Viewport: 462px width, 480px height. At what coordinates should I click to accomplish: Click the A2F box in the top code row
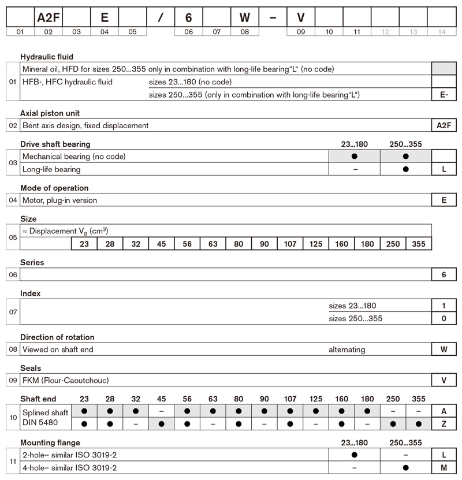pos(48,17)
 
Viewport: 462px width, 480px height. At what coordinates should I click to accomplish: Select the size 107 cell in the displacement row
pos(290,244)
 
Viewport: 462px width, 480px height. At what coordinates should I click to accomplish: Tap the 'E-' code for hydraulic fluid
pos(444,94)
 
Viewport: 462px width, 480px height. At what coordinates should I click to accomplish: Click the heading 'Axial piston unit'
pos(50,113)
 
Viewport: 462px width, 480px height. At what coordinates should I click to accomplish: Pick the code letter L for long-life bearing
pos(444,169)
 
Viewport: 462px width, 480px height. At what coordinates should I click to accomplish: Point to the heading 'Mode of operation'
pos(54,188)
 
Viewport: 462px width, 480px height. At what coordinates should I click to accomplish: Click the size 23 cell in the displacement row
pos(84,244)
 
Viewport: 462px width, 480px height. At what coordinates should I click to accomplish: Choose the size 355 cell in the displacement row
pos(419,244)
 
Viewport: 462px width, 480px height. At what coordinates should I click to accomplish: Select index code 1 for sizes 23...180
pos(444,306)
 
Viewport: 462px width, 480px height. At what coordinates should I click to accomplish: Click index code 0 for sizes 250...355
pos(444,318)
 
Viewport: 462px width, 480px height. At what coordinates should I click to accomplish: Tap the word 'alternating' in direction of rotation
pos(347,349)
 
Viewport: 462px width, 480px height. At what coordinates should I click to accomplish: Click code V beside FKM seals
pos(444,380)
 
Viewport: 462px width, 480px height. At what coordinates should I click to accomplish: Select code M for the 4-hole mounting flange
pos(444,467)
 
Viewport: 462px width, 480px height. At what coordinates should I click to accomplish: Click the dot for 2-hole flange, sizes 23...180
pos(354,455)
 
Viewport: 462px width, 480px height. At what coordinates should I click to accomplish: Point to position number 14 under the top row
pos(442,32)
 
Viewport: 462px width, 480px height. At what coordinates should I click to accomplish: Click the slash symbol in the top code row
pos(161,17)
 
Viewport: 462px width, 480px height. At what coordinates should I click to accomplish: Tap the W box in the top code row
pos(244,17)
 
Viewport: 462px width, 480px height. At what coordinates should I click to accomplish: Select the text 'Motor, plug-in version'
pos(60,200)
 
